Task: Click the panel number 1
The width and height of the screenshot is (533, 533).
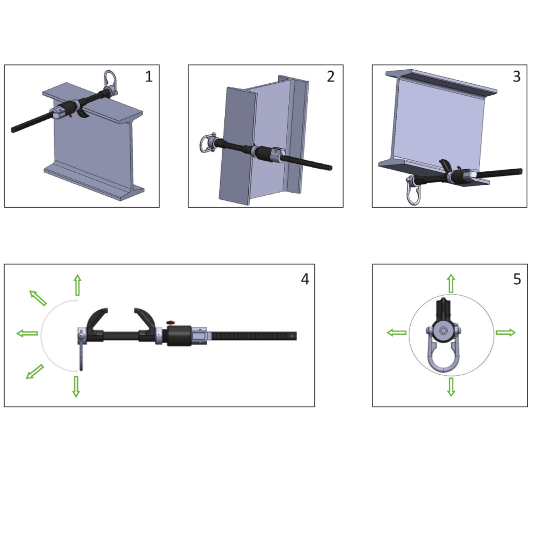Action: pos(149,77)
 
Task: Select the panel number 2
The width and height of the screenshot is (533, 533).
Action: pos(331,77)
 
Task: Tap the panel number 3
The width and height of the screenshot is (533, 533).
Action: pos(516,77)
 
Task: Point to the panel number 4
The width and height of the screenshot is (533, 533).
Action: pos(304,279)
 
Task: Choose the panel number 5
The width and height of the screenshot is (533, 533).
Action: pos(516,279)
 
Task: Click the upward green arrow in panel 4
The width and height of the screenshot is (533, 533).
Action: pos(77,285)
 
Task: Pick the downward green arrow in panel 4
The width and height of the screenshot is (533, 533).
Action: pos(76,386)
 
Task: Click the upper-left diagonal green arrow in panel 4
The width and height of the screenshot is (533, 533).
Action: pos(38,298)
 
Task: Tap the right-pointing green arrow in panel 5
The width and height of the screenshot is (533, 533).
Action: pos(505,333)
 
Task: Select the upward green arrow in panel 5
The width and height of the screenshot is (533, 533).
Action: pos(451,284)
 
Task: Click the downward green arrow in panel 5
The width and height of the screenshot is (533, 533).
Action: pos(451,386)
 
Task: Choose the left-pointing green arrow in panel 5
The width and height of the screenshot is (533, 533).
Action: pos(397,333)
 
